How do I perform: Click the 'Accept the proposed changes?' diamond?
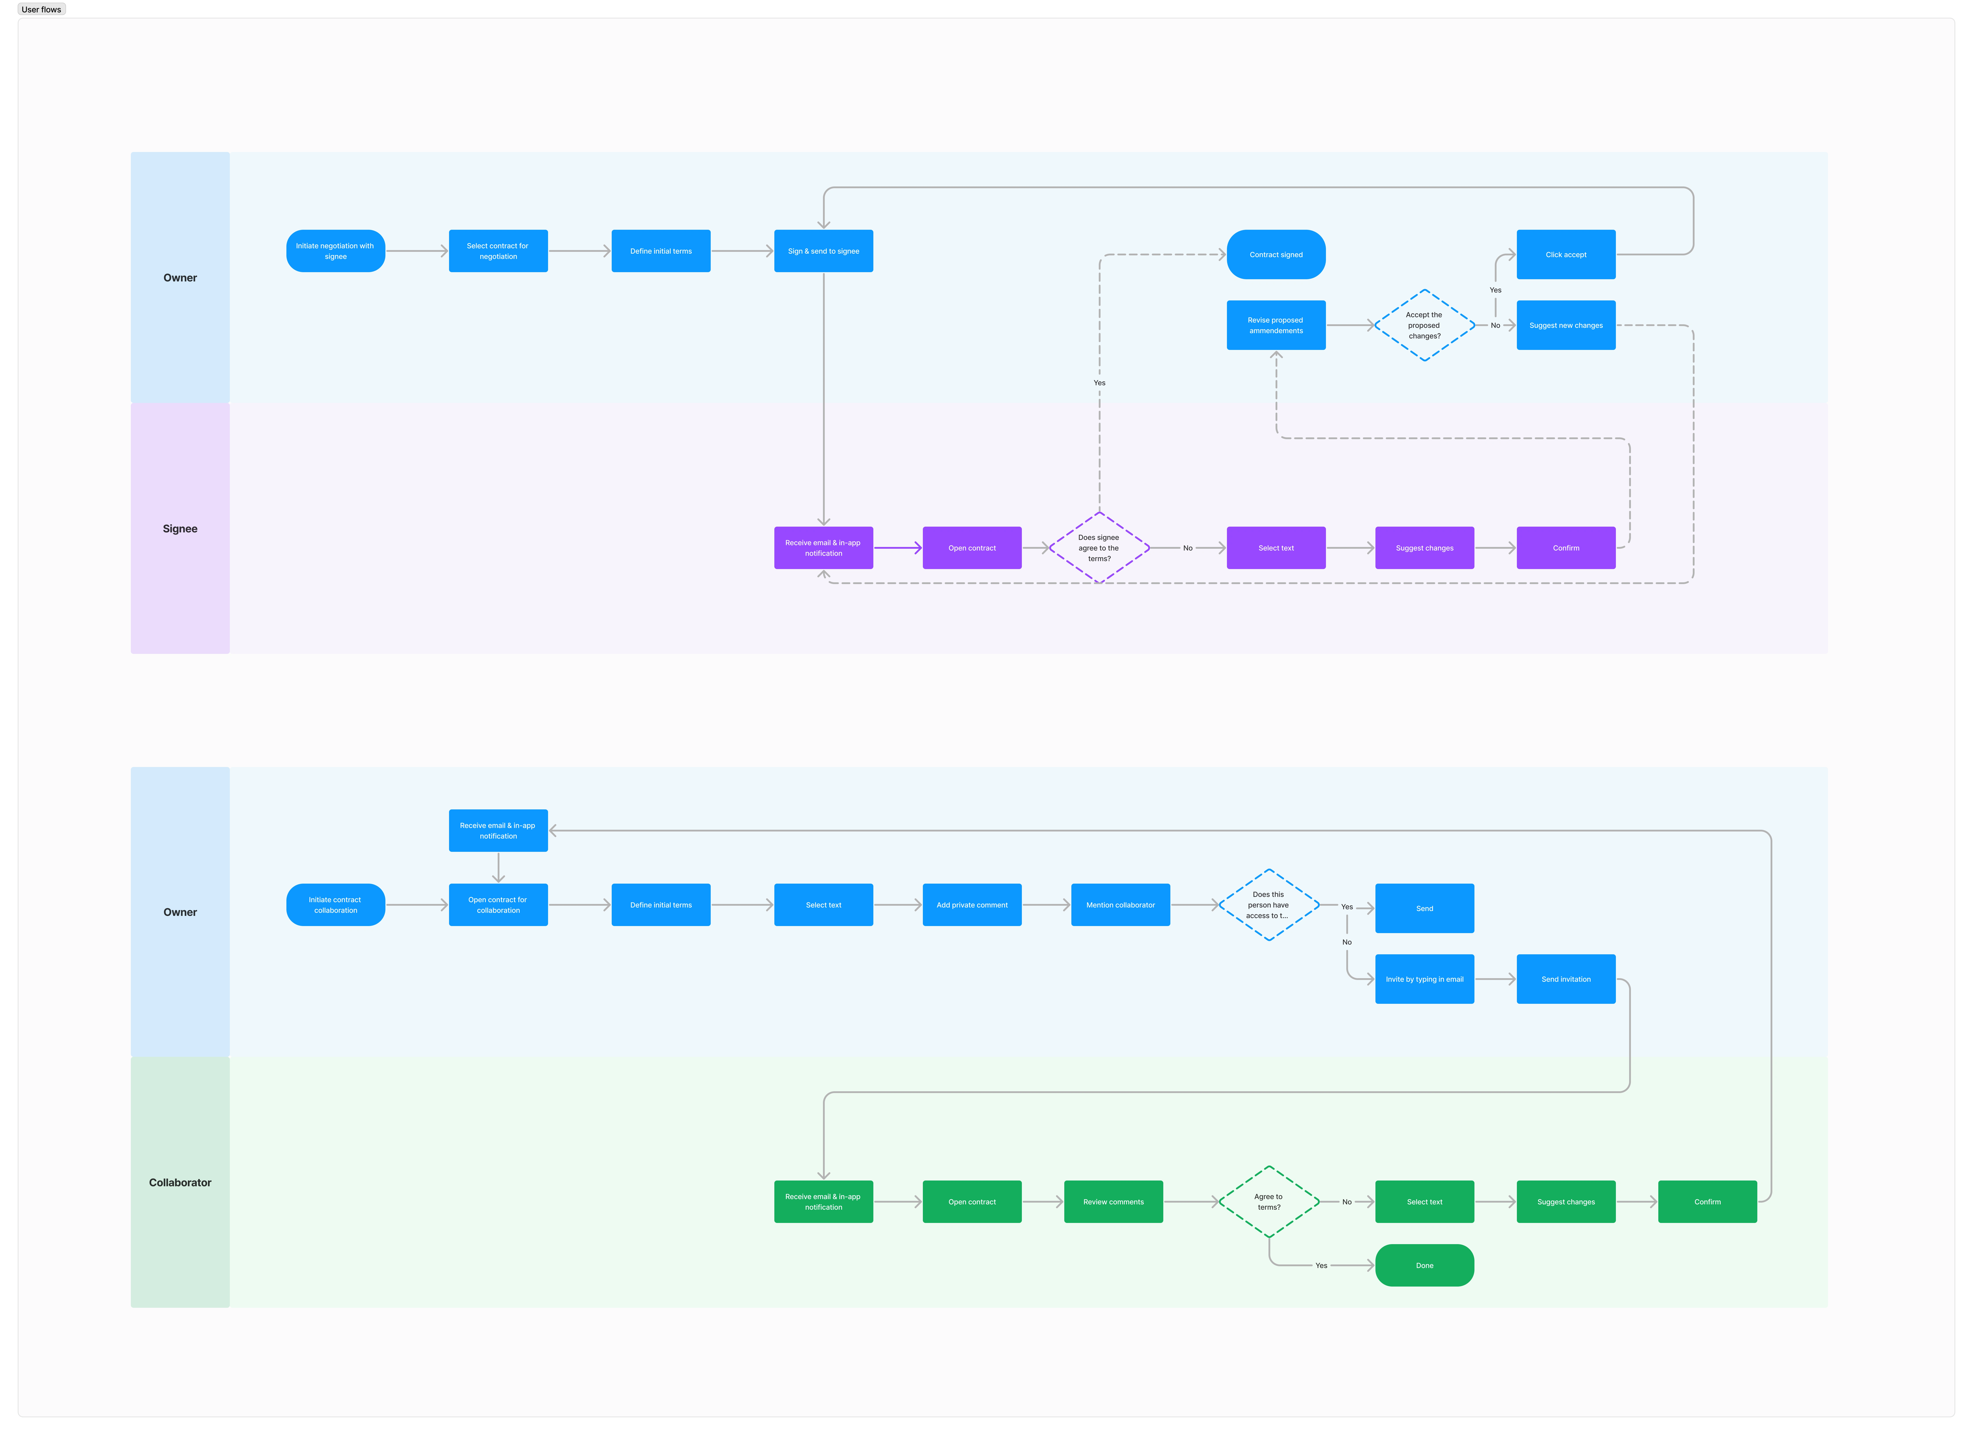(1424, 325)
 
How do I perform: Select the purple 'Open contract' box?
(972, 548)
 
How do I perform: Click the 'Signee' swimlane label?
(180, 529)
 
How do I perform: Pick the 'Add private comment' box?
(972, 905)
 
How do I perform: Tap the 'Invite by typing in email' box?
(1424, 979)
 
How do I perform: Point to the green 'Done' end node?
(1424, 1265)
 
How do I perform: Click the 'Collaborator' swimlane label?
(180, 1183)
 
